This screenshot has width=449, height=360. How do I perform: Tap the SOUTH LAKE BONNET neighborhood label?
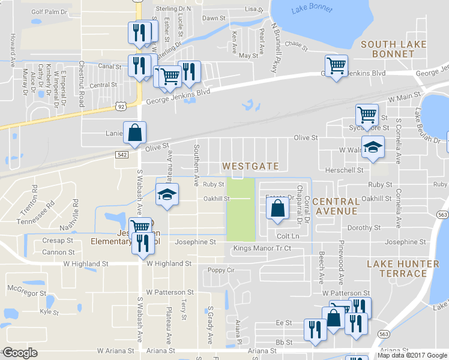tap(393, 49)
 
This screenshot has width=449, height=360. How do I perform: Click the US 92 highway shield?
tap(121, 107)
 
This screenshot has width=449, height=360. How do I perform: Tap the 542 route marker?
tap(121, 154)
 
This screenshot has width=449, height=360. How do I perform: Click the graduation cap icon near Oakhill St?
tap(167, 194)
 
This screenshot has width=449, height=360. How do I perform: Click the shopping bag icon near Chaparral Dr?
tap(277, 209)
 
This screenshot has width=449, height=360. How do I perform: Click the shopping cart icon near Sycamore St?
tap(367, 114)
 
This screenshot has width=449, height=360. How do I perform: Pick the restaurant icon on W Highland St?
tap(142, 242)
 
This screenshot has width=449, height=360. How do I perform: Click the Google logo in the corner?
tap(20, 353)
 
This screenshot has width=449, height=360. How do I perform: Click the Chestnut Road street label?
tap(81, 83)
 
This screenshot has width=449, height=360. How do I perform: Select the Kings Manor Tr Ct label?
tap(262, 248)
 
